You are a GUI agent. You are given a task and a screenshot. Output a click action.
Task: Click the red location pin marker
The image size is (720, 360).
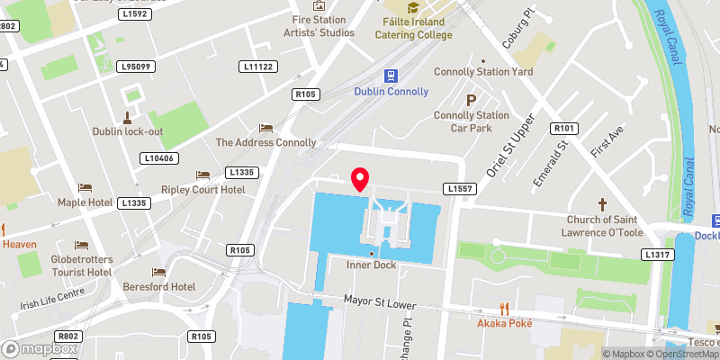coord(361,178)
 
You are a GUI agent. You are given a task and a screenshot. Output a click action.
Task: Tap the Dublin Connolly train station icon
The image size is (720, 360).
coord(391,76)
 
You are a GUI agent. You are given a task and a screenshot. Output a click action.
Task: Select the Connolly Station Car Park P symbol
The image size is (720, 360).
coord(470,100)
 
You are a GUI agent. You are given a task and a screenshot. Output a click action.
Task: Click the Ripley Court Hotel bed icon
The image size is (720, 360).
coord(202,175)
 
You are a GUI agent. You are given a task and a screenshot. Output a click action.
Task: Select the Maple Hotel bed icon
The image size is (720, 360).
coord(85,187)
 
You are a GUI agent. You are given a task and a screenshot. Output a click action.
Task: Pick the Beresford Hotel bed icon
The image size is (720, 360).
coord(159,272)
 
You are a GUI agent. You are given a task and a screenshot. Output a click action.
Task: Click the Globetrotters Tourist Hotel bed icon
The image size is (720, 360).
coord(81,245)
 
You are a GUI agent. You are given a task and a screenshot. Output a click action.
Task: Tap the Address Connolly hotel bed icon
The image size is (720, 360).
coord(265,128)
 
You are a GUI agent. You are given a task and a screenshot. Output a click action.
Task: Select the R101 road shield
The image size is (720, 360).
coord(565,128)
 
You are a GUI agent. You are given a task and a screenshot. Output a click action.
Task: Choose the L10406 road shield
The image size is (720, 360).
coord(158,158)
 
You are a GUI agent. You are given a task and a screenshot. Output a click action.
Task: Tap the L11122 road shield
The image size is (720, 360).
coord(259,67)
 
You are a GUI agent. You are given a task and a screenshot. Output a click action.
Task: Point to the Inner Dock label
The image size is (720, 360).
coord(372,265)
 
